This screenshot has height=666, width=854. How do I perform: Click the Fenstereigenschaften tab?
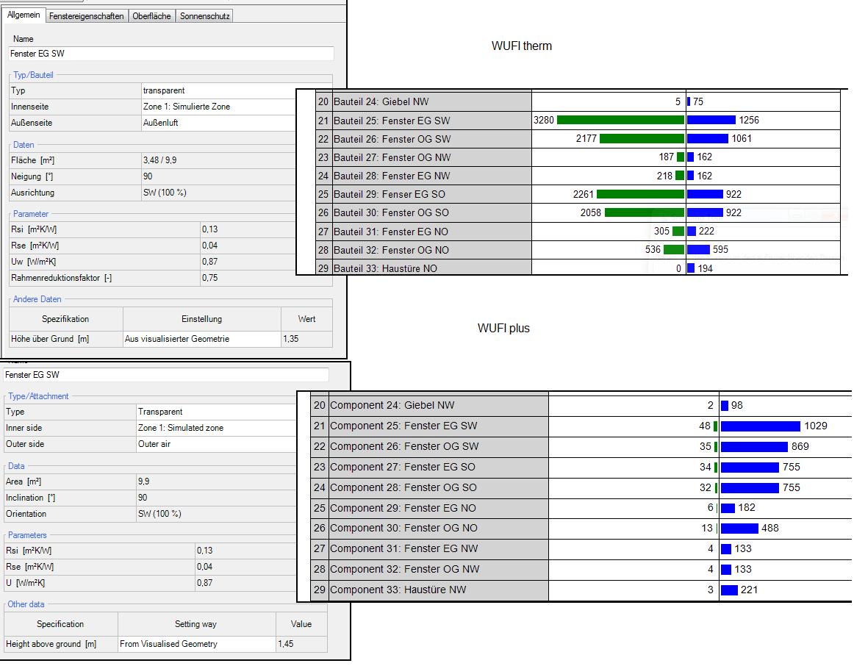click(87, 16)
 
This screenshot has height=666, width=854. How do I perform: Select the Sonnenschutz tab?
click(205, 16)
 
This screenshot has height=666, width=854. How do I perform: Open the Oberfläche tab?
click(152, 16)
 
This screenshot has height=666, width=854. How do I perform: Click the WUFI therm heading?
click(522, 46)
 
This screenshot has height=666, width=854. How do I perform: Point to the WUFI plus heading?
click(503, 329)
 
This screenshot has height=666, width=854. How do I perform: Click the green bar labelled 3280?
click(620, 121)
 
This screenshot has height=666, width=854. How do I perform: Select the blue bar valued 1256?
click(711, 121)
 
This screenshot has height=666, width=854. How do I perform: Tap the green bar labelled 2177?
click(642, 139)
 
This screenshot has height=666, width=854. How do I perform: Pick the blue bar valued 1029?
click(761, 426)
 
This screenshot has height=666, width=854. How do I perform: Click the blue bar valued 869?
click(754, 447)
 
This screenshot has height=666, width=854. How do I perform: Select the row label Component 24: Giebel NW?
click(392, 406)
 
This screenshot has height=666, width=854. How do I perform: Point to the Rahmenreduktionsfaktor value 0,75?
click(210, 278)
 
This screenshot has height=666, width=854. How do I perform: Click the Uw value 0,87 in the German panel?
click(210, 262)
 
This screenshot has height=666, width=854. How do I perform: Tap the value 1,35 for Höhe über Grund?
click(291, 339)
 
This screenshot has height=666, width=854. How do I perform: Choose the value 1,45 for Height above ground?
click(286, 644)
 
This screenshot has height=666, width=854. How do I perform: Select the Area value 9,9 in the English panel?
click(144, 481)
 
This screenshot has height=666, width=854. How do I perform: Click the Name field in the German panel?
click(171, 54)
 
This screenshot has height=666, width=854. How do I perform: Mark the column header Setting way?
click(196, 624)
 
